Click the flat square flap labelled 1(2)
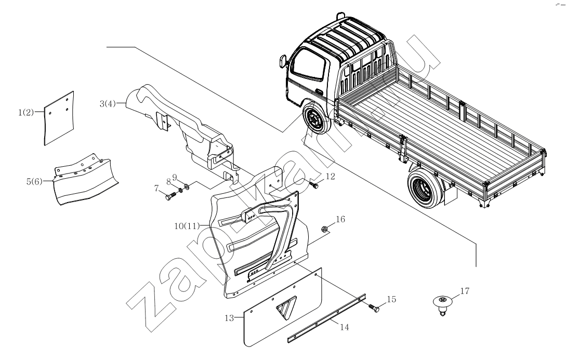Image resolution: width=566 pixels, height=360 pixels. coord(58,117)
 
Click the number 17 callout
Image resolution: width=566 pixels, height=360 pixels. coord(464,291)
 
